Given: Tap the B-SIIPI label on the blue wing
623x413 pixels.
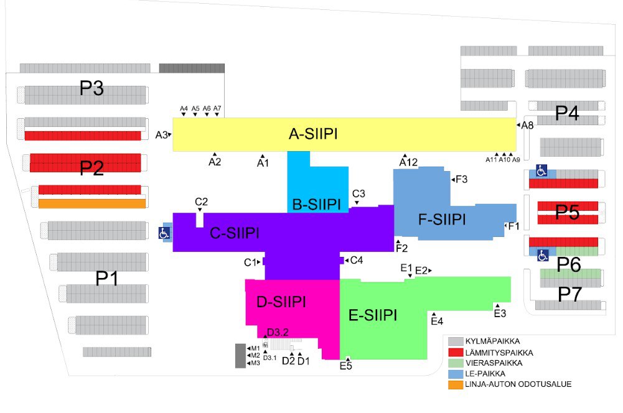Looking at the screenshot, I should tap(316, 204).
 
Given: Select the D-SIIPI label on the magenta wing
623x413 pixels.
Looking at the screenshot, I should tap(281, 302).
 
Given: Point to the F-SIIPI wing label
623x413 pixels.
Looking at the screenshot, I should tap(442, 220).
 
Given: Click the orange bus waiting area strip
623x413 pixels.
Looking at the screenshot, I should tap(91, 203).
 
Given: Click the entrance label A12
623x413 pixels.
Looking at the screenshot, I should tap(408, 162).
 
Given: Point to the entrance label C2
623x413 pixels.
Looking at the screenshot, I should tap(201, 202).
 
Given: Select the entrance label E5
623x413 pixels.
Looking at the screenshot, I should tap(346, 366).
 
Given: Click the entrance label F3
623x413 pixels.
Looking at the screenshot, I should tap(461, 179).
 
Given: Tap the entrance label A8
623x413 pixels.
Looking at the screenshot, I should tap(527, 125).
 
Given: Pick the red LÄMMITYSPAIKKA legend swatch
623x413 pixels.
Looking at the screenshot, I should tap(456, 352).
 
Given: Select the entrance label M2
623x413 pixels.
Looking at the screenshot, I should tap(256, 355).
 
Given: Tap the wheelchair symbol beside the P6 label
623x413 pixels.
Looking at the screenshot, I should tap(543, 254).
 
